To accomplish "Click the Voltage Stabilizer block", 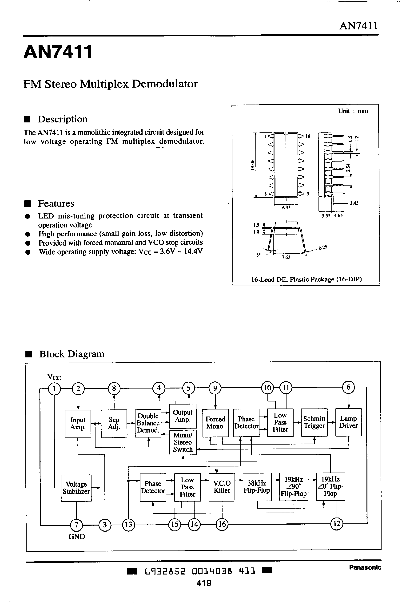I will [76, 488].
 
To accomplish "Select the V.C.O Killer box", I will [222, 487].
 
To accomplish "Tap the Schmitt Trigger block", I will [314, 422].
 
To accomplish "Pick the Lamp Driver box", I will [348, 422].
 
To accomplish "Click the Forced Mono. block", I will [215, 423].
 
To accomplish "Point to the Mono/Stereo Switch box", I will [183, 443].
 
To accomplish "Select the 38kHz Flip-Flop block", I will [257, 487].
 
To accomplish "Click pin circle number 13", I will [129, 525].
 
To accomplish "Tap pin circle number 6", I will [348, 387].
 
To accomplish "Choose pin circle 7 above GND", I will [76, 525].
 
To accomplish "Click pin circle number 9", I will [215, 388].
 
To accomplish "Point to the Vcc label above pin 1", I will [54, 377].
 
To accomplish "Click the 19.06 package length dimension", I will [252, 165].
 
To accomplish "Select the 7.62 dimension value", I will [286, 257].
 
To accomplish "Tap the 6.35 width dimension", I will [286, 207].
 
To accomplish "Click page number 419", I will [204, 583].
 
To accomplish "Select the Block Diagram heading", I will [72, 354].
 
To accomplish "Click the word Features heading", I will [56, 203].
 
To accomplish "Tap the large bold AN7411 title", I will [58, 52].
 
